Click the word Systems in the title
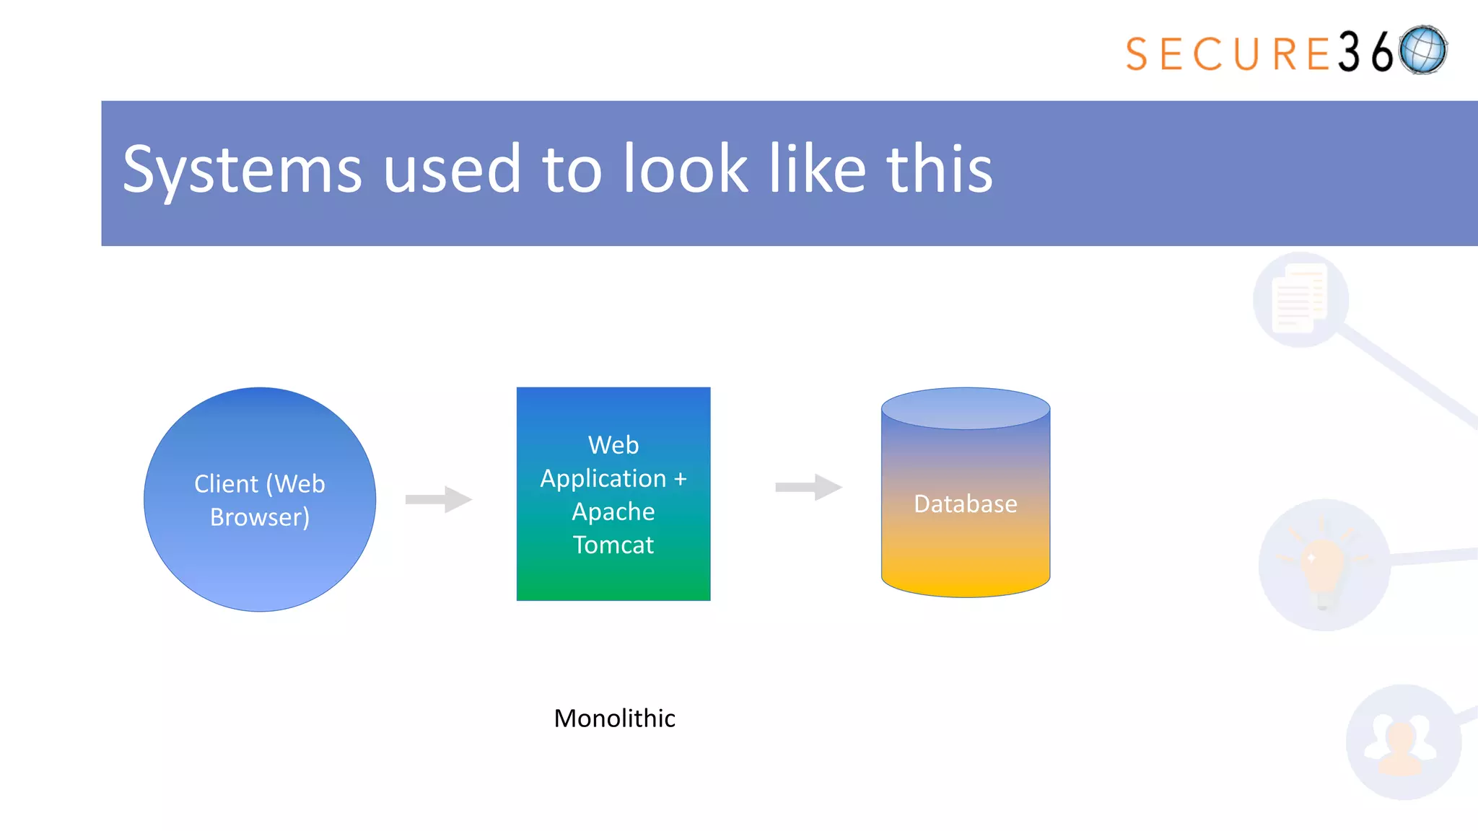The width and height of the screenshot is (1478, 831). coord(242,170)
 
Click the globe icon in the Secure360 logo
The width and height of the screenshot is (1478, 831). coord(1422,50)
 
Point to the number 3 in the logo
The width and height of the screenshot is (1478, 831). coord(1349,52)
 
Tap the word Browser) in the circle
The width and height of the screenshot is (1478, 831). coord(260,517)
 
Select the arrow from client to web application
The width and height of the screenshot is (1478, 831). coord(438,499)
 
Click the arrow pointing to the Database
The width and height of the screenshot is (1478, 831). coord(808,487)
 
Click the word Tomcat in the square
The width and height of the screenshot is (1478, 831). coord(613,545)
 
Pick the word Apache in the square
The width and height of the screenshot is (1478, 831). coord(613,511)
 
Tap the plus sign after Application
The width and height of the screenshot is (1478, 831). coord(680,478)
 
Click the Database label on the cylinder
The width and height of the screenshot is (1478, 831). coord(965,504)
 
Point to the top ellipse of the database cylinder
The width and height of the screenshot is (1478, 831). coord(965,408)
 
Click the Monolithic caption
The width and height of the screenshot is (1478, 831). coord(614,718)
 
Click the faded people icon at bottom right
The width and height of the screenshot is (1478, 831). coord(1402,743)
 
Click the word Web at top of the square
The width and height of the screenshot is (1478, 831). coord(613,445)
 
